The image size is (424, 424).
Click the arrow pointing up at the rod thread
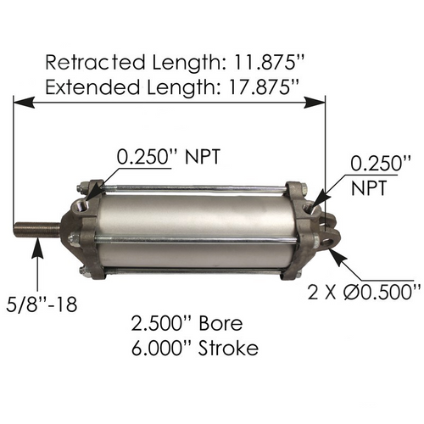point(38,246)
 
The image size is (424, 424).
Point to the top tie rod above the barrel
point(195,188)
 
